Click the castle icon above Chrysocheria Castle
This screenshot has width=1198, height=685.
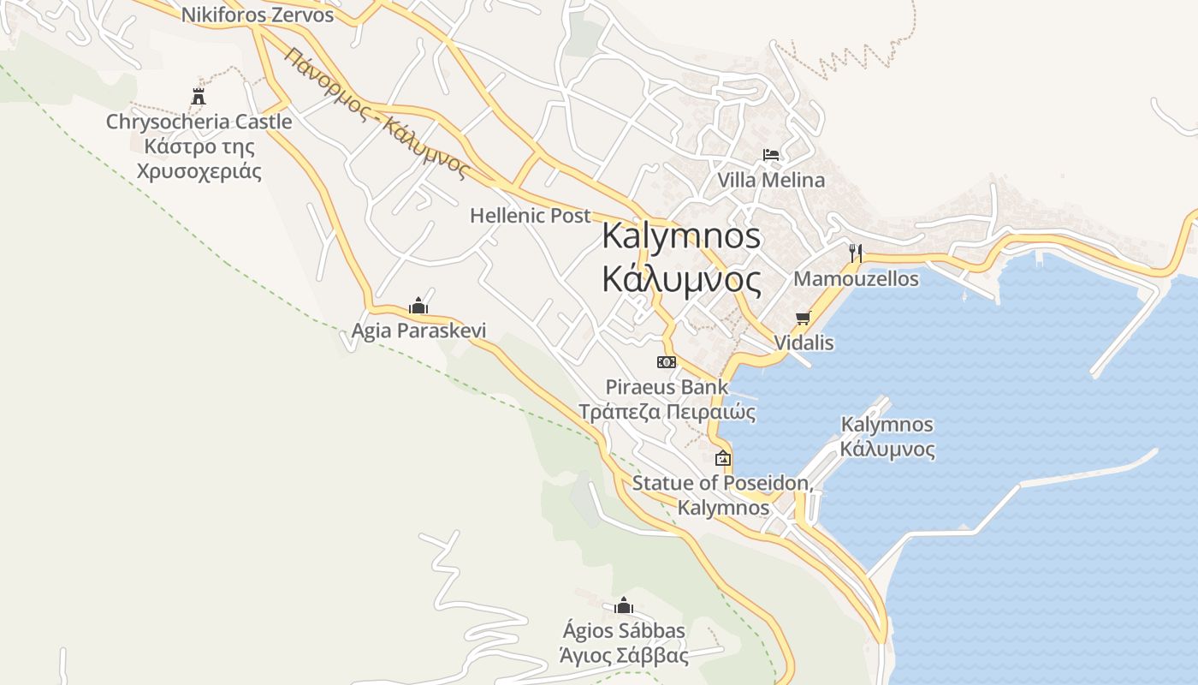pos(199,96)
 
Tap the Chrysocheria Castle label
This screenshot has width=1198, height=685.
pos(199,122)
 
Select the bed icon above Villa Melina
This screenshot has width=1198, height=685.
pos(771,155)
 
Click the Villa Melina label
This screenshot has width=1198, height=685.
pos(771,180)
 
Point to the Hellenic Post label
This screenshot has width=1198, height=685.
pos(531,216)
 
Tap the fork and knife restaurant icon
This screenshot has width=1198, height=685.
pos(855,253)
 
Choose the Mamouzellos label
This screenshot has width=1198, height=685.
pos(856,279)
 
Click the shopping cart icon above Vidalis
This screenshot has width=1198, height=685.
pos(803,319)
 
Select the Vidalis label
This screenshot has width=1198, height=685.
pos(804,342)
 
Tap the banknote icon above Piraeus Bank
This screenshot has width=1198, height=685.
pos(667,362)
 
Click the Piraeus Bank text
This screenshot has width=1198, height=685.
pos(667,387)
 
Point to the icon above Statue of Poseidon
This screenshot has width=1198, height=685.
pos(723,458)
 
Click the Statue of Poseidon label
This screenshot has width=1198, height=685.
pos(721,483)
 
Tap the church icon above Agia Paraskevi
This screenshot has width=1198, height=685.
pos(418,306)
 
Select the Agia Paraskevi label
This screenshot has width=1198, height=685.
pos(418,331)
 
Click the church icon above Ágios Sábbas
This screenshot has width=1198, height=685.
pos(623,606)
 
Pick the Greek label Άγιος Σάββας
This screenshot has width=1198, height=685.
pos(624,657)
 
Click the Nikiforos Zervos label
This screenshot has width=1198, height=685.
pos(258,15)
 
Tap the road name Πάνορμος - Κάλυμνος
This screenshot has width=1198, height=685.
pos(377,112)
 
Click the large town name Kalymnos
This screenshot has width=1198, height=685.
pos(681,235)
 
